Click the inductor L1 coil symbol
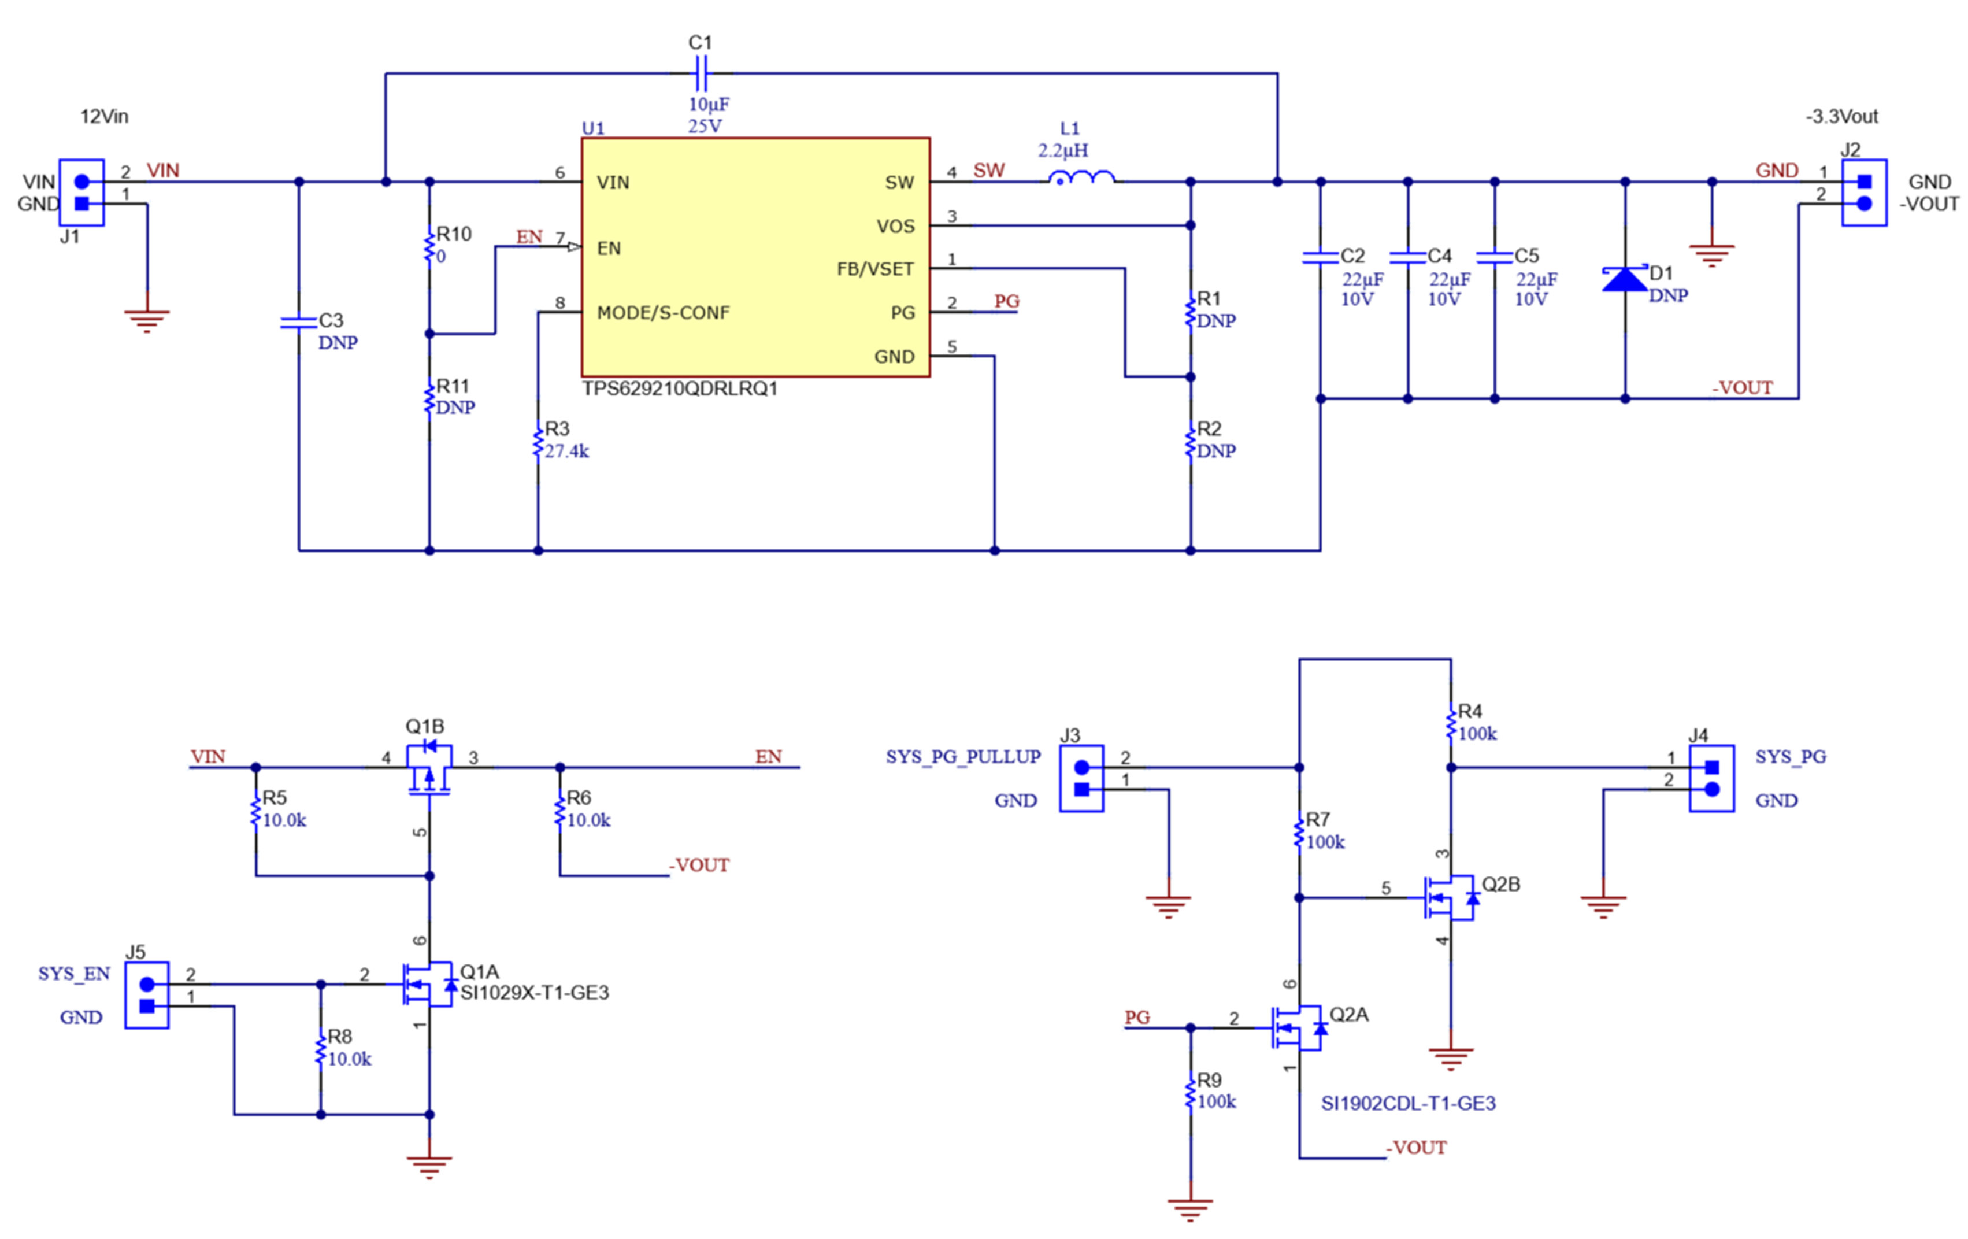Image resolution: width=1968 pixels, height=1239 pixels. pos(1081,178)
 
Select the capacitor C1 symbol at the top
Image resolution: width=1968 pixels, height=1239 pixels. pos(701,73)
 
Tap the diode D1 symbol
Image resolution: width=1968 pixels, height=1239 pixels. pos(1625,279)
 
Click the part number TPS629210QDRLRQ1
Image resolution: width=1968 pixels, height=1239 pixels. pos(679,389)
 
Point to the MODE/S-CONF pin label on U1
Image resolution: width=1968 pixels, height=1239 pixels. pos(663,313)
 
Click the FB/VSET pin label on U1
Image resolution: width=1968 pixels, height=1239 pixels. pos(874,269)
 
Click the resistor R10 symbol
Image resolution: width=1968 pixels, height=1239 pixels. pos(429,247)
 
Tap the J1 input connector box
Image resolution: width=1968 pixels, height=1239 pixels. pos(81,193)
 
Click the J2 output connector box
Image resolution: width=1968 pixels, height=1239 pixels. pos(1864,193)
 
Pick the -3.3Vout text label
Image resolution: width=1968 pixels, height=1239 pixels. pos(1841,117)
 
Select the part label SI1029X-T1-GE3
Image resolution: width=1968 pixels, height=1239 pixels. pos(535,993)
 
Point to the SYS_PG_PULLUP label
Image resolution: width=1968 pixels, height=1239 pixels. pos(963,757)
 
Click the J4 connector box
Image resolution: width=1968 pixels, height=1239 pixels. pos(1711,778)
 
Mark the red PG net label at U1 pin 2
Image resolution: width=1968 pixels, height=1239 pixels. pos(1006,302)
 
